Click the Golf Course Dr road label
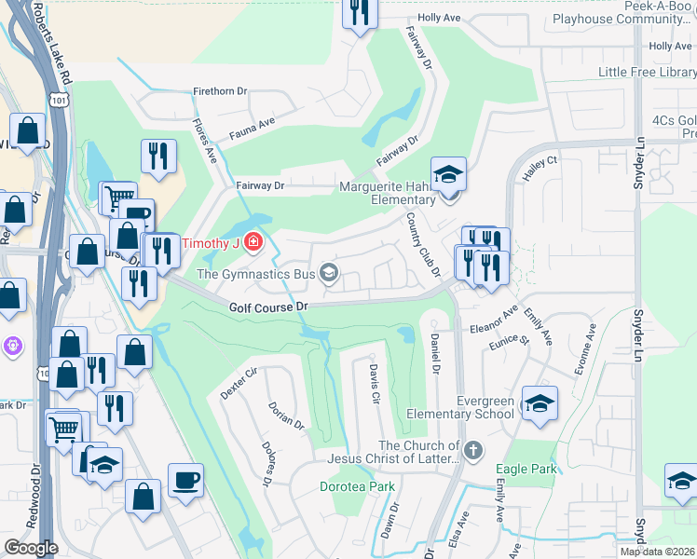click(x=267, y=307)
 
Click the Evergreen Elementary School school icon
click(x=540, y=402)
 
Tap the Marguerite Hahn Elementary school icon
click(x=448, y=174)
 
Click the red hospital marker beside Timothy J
click(x=253, y=244)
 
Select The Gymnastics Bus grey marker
click(x=328, y=273)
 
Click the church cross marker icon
click(x=473, y=452)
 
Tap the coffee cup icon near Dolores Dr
click(x=185, y=481)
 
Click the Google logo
click(x=30, y=548)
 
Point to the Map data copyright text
click(x=658, y=552)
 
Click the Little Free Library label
click(x=646, y=72)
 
